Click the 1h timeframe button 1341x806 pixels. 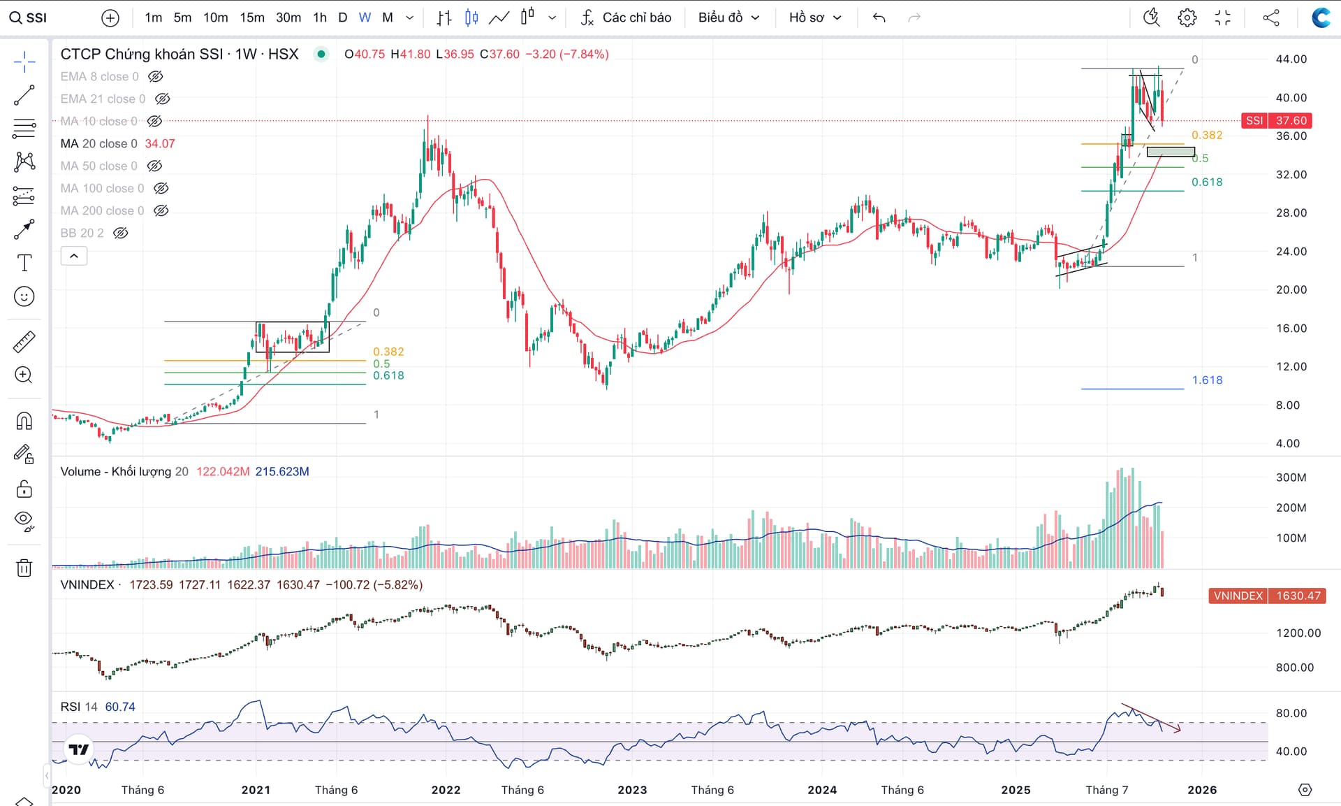[x=320, y=17]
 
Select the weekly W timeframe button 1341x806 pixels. [x=365, y=17]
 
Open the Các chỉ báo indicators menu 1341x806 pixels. [x=626, y=17]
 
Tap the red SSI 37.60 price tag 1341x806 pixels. [x=1276, y=121]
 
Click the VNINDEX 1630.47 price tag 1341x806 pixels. [x=1266, y=596]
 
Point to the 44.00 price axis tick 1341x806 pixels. [x=1291, y=59]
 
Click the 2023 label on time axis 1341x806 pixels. [x=632, y=790]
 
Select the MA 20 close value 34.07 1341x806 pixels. [x=160, y=143]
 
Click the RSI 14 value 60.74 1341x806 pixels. [x=120, y=707]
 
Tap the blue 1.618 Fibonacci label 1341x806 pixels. [x=1207, y=380]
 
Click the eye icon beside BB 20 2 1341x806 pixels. [x=121, y=233]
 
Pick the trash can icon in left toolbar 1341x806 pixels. [x=24, y=568]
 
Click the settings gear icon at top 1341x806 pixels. [x=1187, y=17]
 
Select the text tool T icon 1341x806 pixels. [x=24, y=263]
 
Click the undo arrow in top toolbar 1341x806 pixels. [x=879, y=17]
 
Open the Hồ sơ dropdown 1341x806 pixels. [x=815, y=17]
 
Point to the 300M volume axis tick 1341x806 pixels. [x=1291, y=477]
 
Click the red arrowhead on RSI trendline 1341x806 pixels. [x=1178, y=730]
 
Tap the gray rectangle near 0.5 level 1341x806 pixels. [x=1171, y=152]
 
